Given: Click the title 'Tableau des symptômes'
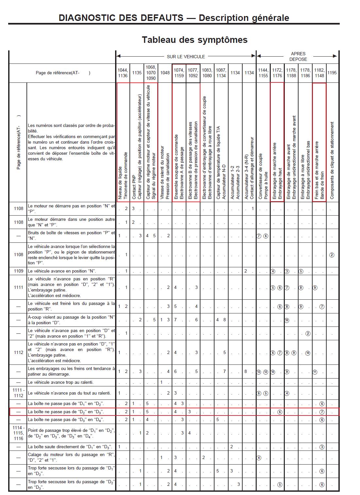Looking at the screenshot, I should point(195,40).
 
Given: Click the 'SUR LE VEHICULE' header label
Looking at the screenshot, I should point(186,57).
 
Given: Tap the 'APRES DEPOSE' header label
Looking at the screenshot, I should point(298,56).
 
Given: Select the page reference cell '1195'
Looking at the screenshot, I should point(332,73).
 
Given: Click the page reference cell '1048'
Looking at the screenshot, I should point(165,73).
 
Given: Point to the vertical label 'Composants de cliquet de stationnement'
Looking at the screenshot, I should point(332,160).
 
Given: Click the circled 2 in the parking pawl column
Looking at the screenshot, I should point(332,255).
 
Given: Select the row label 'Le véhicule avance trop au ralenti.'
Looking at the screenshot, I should point(60,382).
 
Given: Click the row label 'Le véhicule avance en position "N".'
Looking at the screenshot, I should point(62,271).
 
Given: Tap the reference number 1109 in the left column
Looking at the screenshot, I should point(18,271).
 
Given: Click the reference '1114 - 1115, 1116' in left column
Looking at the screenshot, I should point(18,433).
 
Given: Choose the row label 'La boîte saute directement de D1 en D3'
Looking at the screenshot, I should point(70,447).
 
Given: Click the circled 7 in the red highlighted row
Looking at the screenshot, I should point(322,412).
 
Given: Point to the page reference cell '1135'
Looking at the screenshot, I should point(137,73).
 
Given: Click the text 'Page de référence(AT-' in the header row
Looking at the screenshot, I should point(63,73).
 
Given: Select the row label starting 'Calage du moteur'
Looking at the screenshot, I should point(71,457).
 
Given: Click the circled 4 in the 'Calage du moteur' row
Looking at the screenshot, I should point(259,458).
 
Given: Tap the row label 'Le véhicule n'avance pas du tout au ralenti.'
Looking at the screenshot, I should point(69,393).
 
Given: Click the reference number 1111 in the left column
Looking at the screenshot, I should point(18,287).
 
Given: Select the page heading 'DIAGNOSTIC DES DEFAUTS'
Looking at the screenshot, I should point(121,18).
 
